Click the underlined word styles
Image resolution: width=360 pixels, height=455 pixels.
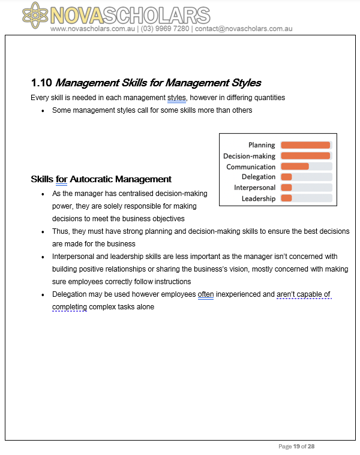click(177, 97)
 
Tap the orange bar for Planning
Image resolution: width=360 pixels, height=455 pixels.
click(305, 145)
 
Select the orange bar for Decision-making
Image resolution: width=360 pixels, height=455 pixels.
click(305, 156)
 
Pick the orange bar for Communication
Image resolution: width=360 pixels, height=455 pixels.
click(295, 167)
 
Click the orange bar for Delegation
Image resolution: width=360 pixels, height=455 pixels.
click(286, 177)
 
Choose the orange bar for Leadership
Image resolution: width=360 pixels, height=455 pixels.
click(286, 198)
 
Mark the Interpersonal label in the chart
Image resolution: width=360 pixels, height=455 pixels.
click(254, 188)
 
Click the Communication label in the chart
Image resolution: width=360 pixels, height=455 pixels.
click(251, 167)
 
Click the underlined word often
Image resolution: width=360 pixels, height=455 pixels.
click(205, 294)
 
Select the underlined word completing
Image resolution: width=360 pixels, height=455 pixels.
click(70, 307)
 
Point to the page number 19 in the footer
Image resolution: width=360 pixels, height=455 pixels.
click(296, 447)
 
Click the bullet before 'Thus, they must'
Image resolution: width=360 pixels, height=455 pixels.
click(43, 231)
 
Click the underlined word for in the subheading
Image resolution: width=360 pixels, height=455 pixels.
click(61, 179)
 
